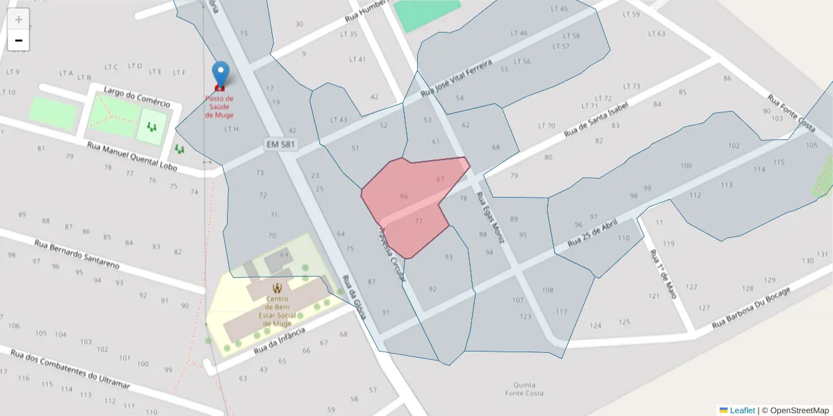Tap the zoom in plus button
click(x=19, y=19)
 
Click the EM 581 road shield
click(x=280, y=144)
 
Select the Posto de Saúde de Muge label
click(x=219, y=107)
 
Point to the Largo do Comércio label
click(x=136, y=98)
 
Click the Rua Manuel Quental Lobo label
click(x=132, y=157)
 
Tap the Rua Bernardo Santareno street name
click(x=76, y=254)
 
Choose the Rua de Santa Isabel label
click(x=596, y=119)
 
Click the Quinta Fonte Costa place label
click(x=524, y=389)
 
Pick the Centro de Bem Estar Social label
click(x=278, y=306)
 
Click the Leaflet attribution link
click(x=741, y=410)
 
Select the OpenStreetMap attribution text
click(x=799, y=410)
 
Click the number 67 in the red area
click(x=440, y=179)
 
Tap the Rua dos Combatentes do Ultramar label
click(x=71, y=368)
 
